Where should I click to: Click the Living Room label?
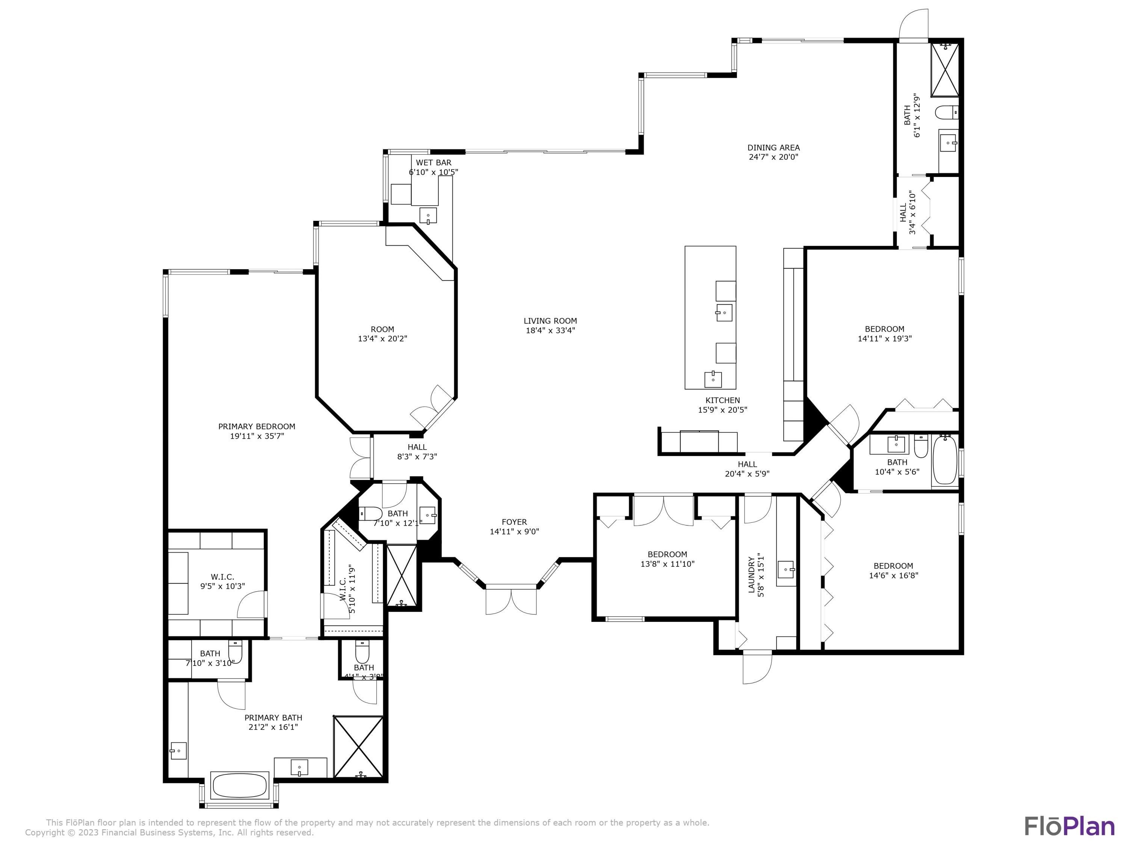(550, 321)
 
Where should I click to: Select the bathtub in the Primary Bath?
(239, 786)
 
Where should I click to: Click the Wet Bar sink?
(428, 216)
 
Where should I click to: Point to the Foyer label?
(514, 522)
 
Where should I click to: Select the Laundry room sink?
(786, 569)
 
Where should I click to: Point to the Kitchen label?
(722, 400)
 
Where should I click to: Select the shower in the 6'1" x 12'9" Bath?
(945, 70)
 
